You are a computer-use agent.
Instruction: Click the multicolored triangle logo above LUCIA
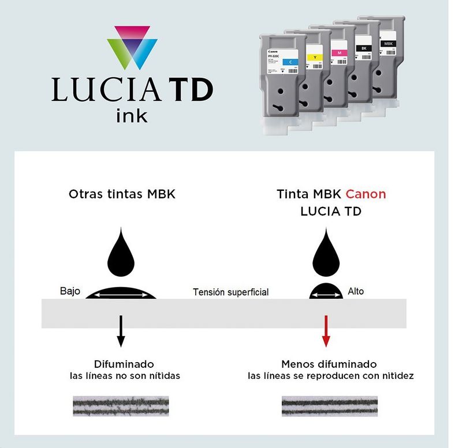[x=132, y=48]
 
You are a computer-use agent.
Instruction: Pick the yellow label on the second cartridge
[x=314, y=57]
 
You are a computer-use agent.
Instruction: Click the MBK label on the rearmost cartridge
[x=386, y=43]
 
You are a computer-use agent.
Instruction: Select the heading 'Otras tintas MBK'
[x=122, y=194]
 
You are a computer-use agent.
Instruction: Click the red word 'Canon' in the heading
[x=366, y=194]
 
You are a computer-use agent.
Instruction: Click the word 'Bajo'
[x=70, y=291]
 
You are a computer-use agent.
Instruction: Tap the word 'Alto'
[x=356, y=291]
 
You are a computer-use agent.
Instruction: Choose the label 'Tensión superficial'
[x=230, y=292]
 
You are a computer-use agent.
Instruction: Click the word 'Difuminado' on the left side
[x=124, y=364]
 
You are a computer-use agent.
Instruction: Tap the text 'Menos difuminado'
[x=329, y=364]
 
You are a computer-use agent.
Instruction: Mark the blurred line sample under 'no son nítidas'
[x=121, y=406]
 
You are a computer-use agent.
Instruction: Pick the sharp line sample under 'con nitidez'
[x=329, y=406]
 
